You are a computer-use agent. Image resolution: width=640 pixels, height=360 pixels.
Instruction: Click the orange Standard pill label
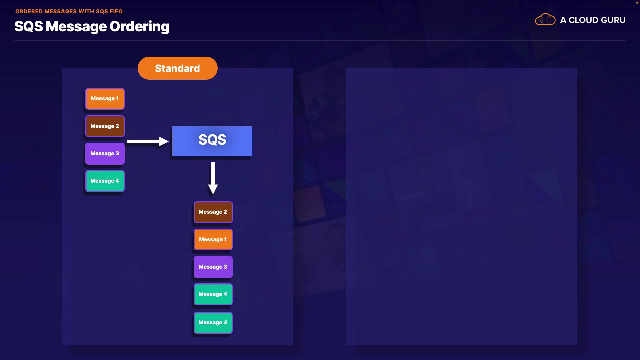pos(177,68)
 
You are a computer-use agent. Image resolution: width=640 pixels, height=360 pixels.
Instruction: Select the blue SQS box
pos(212,141)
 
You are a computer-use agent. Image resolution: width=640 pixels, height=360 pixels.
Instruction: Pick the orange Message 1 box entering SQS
pos(105,99)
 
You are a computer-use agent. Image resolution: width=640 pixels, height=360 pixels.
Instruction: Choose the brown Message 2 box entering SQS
pos(105,126)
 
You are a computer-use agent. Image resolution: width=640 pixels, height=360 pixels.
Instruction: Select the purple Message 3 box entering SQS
pos(105,153)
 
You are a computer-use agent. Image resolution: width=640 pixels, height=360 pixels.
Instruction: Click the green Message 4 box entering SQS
pos(105,181)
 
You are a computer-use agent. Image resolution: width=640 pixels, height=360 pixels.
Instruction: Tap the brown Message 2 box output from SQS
pos(213,212)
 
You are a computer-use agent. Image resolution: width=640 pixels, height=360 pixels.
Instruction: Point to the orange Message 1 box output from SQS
pos(213,239)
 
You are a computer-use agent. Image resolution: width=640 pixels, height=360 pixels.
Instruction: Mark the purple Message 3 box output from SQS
pos(213,267)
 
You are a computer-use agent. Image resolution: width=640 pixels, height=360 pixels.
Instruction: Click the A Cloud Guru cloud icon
pos(545,20)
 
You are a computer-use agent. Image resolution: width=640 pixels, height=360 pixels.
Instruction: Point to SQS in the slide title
pos(29,27)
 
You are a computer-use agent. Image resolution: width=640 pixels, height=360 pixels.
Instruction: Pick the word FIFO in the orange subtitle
pos(116,11)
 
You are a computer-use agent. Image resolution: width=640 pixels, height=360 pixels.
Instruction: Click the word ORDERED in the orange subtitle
pos(29,11)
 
